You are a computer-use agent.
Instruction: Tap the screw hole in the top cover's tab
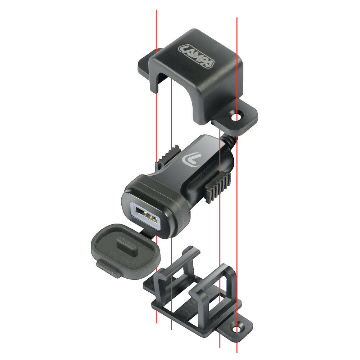tap(236, 117)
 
